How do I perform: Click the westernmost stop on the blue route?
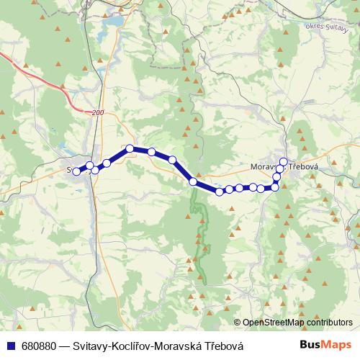click(x=76, y=171)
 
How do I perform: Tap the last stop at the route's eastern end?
click(x=284, y=162)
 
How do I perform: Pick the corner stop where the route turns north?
click(x=274, y=187)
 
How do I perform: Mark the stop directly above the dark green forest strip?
click(x=193, y=182)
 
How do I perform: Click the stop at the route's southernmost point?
click(x=220, y=192)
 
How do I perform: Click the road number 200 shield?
click(x=99, y=113)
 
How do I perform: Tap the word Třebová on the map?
click(x=303, y=166)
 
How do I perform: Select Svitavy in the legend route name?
click(x=91, y=346)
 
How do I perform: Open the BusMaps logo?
click(x=329, y=345)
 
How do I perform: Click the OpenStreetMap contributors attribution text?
click(x=297, y=323)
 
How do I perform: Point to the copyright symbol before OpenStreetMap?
click(x=237, y=323)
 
